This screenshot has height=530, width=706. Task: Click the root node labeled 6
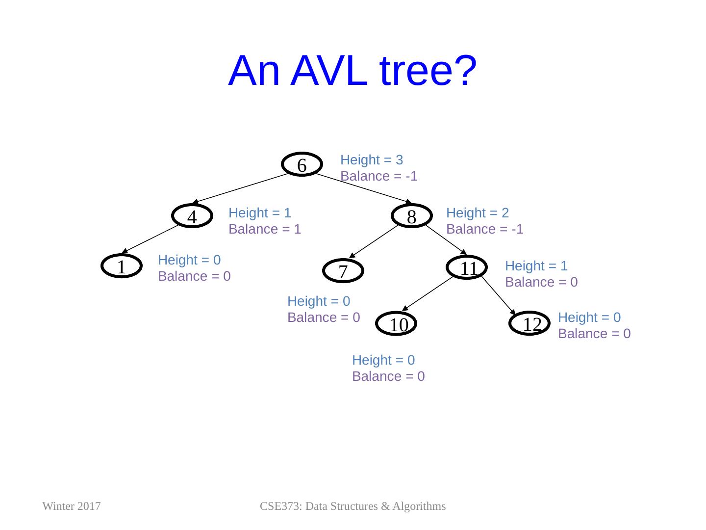tap(302, 165)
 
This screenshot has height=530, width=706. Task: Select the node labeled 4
tap(192, 216)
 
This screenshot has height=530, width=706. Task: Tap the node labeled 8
tap(412, 216)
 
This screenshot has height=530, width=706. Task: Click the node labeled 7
tap(343, 270)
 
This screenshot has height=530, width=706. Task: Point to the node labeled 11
tap(468, 268)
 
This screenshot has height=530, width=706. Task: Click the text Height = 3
tap(372, 160)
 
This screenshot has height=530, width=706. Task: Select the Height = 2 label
tap(478, 213)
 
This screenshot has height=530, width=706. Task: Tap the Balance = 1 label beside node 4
tap(265, 229)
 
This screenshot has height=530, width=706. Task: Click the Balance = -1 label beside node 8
tap(485, 229)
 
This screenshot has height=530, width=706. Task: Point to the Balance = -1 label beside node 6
tap(379, 176)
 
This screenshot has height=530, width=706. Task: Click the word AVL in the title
tap(330, 71)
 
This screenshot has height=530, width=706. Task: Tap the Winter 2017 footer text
tap(72, 506)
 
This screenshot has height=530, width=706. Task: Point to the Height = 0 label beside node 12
tap(589, 318)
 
